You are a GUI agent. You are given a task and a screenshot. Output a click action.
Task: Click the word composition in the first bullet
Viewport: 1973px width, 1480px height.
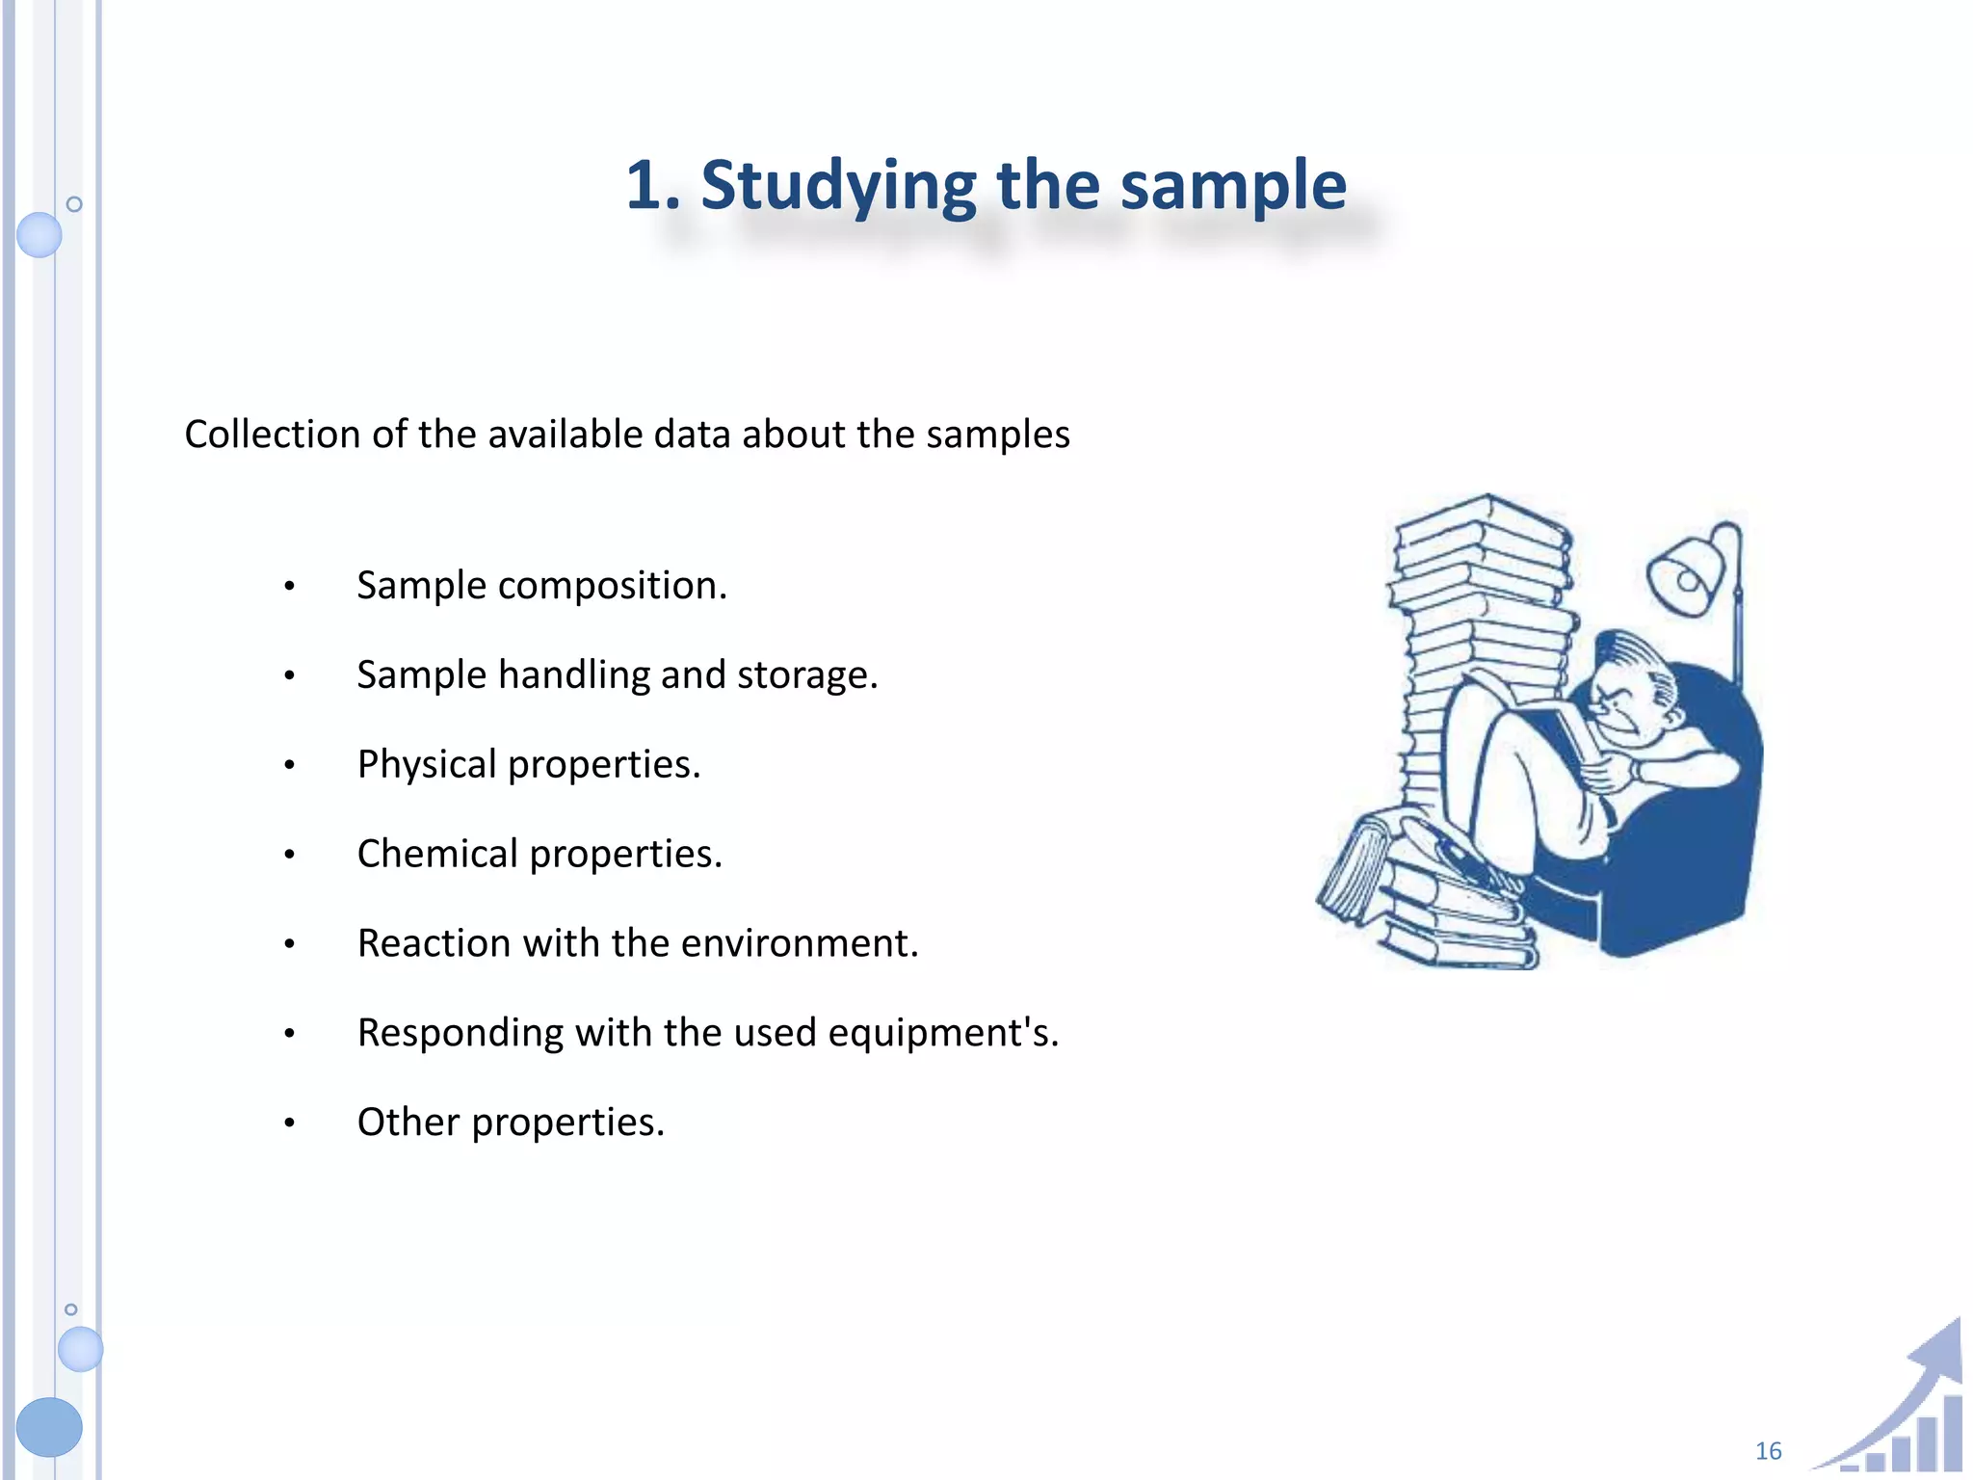612,586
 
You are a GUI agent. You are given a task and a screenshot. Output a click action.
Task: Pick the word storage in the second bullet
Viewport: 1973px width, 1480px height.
807,675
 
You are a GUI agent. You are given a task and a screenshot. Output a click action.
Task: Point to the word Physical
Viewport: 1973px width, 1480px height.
426,764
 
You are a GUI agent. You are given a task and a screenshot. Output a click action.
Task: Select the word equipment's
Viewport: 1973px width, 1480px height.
943,1033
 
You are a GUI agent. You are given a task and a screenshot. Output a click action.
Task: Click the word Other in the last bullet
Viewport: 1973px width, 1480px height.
408,1123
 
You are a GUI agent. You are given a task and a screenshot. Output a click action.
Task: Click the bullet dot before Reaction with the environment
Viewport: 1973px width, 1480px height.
289,944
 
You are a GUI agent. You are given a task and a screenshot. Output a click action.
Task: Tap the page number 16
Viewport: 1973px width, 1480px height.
1768,1451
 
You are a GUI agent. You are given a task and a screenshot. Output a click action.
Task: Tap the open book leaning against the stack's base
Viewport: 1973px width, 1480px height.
1354,867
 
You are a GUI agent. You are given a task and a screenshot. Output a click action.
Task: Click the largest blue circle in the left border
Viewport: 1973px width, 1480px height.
49,1426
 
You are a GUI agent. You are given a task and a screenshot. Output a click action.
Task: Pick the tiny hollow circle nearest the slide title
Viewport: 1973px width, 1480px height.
74,204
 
